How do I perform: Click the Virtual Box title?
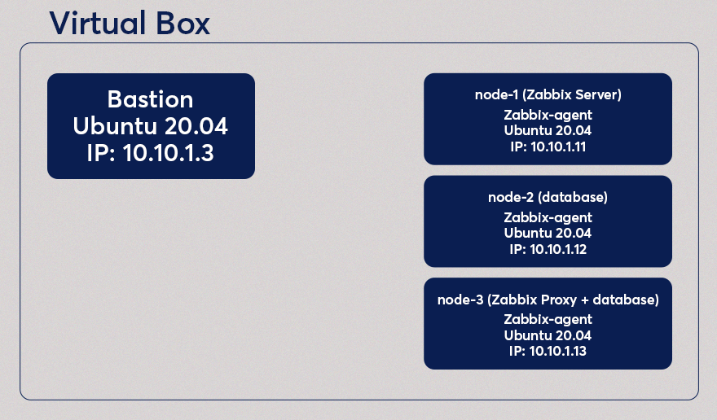coord(130,23)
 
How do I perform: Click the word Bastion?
coord(151,100)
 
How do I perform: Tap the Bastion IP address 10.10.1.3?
coord(151,153)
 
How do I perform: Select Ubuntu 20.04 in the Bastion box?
coord(151,126)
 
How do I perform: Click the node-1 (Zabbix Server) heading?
coord(548,95)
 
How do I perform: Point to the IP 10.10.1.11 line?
coord(548,147)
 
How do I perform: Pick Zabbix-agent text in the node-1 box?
coord(548,115)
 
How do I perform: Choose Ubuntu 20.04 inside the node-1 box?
coord(548,130)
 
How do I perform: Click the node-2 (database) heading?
coord(548,198)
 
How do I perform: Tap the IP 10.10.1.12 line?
coord(548,249)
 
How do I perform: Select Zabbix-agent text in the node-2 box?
coord(548,217)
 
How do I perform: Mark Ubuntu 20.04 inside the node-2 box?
coord(548,233)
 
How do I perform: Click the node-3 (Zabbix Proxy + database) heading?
coord(548,300)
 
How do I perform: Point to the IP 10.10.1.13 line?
coord(548,351)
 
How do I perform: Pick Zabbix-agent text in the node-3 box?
coord(548,319)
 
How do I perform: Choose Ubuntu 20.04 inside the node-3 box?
coord(548,335)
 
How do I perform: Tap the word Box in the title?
coord(179,23)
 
